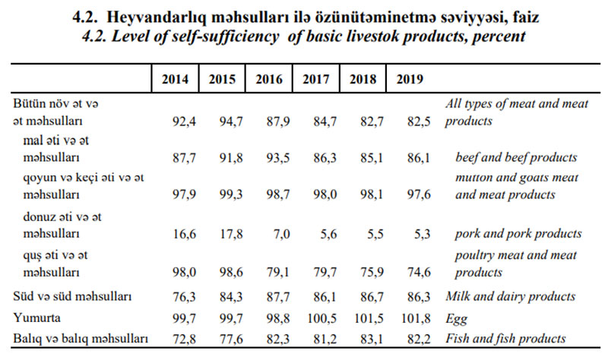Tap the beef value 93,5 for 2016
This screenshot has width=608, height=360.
(x=278, y=158)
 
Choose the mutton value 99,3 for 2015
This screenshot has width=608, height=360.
(x=231, y=195)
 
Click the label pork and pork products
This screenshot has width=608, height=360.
(x=518, y=234)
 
